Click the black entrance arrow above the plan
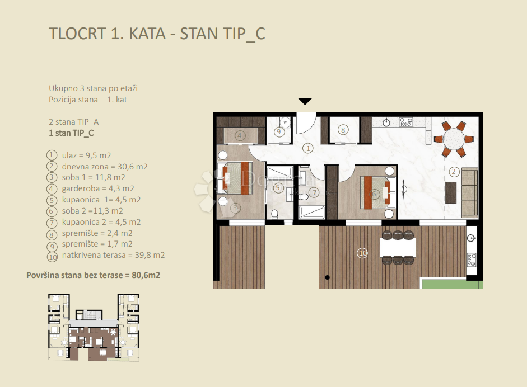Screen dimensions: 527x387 (x=305, y=101)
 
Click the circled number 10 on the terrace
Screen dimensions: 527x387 (x=362, y=253)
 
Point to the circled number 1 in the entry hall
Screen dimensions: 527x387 (x=307, y=148)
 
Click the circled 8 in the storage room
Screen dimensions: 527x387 (x=343, y=130)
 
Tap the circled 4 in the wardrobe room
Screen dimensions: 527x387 (x=239, y=136)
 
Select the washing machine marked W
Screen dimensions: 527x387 (x=286, y=122)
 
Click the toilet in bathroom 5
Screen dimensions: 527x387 (x=274, y=214)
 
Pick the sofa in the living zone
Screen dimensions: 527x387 (x=470, y=193)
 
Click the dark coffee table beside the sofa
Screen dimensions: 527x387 (x=451, y=192)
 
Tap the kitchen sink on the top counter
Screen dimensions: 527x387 (x=386, y=122)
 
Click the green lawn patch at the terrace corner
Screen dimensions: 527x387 (x=451, y=284)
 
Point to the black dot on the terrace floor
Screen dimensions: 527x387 (x=327, y=277)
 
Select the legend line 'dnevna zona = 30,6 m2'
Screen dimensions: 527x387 (x=105, y=167)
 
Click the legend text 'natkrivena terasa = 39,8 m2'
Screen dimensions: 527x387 (x=113, y=255)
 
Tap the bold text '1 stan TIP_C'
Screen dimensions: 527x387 (x=71, y=133)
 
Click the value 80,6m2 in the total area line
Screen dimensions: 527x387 (x=146, y=275)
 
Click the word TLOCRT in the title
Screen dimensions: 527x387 (x=78, y=34)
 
